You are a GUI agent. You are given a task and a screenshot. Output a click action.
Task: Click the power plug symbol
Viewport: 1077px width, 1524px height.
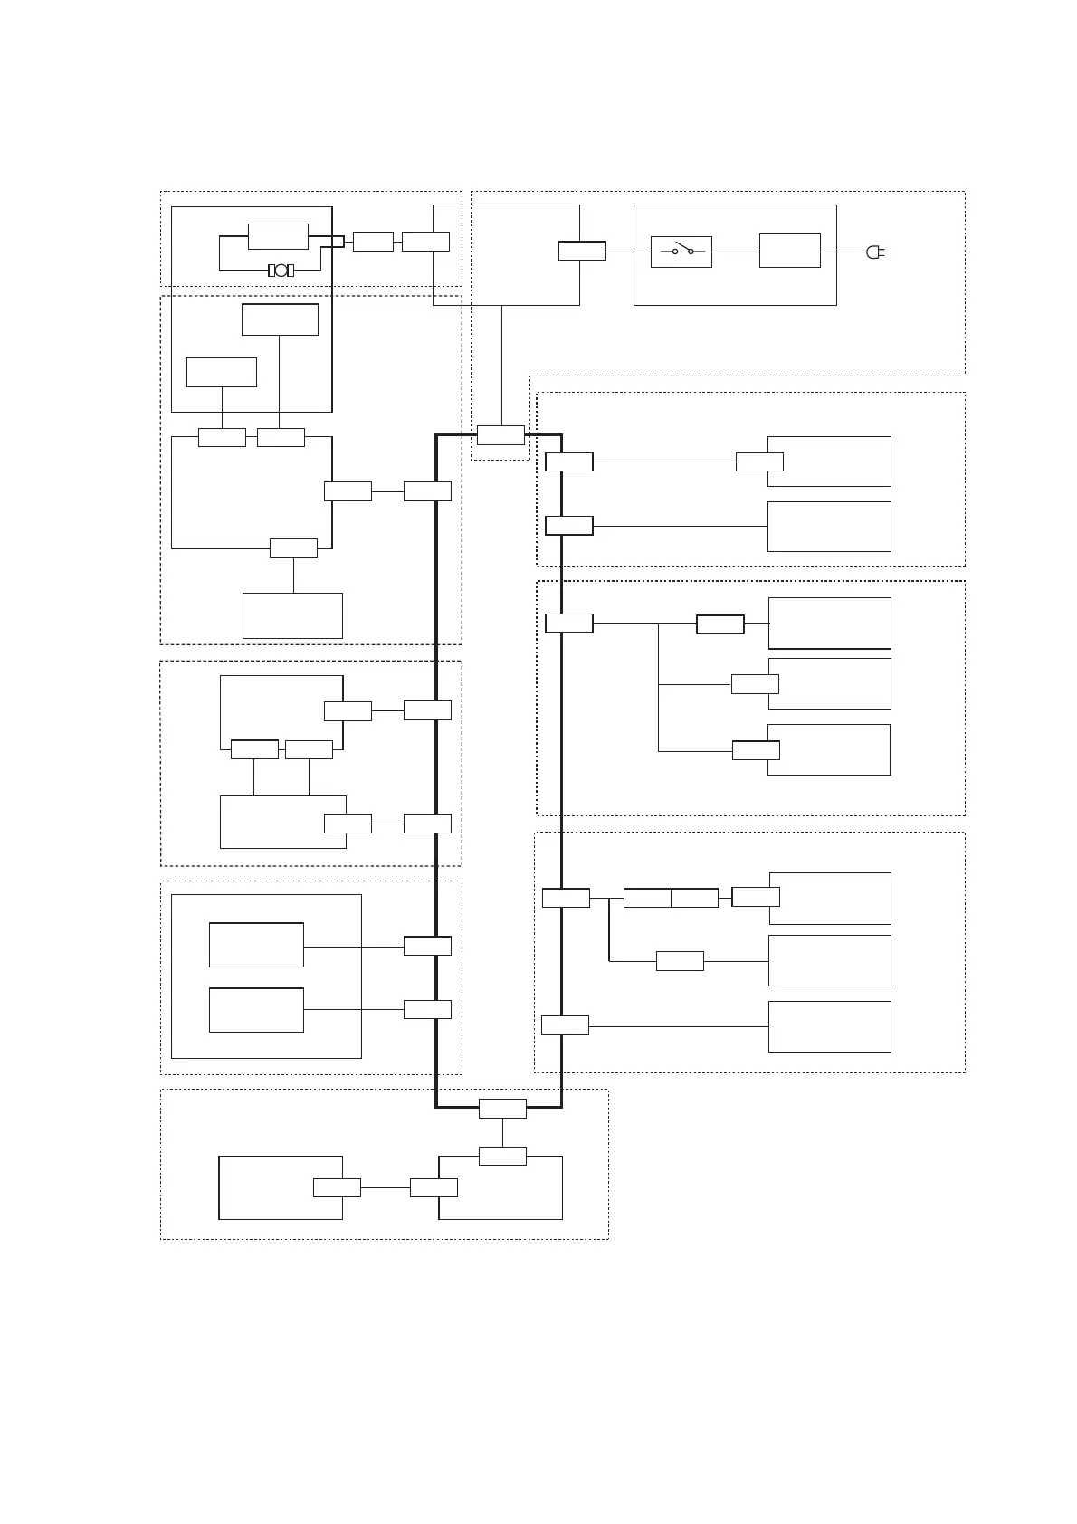pos(874,252)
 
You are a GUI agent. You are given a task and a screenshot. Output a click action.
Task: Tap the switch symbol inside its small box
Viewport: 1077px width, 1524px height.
pos(681,252)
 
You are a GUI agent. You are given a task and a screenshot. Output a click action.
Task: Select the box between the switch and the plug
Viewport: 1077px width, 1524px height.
pos(789,251)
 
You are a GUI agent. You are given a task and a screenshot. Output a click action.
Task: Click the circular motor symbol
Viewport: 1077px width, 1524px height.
pos(281,271)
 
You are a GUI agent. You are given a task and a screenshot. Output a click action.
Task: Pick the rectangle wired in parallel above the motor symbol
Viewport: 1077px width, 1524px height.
pos(278,236)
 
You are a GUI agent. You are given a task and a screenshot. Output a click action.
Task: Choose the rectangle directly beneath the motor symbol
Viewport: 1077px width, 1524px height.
pos(280,319)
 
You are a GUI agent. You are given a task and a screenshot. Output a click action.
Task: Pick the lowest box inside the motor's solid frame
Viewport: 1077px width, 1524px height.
pos(221,372)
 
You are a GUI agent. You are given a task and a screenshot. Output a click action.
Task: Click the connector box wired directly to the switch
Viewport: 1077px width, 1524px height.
pos(582,251)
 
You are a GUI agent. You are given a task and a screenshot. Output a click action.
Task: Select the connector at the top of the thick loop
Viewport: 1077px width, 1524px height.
pos(500,435)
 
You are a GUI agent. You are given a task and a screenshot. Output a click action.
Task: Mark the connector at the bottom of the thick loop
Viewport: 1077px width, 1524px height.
pos(502,1109)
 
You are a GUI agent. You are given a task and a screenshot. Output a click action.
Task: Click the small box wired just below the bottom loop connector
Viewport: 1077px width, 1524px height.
pos(502,1156)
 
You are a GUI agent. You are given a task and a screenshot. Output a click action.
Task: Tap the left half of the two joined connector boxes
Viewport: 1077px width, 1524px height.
pos(647,898)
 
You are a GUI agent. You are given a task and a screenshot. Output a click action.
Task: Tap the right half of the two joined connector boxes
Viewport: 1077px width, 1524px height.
pos(694,898)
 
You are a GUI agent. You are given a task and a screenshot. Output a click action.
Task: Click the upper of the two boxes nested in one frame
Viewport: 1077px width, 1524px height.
pos(256,945)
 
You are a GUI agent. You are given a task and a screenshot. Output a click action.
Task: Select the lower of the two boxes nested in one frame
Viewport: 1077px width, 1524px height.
pos(256,1010)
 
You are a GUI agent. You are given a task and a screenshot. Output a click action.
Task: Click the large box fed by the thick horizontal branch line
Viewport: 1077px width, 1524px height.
pos(829,623)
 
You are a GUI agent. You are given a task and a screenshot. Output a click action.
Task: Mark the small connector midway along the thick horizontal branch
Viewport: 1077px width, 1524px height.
pos(720,624)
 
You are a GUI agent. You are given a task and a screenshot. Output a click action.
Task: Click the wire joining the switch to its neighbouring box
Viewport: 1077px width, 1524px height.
pos(735,251)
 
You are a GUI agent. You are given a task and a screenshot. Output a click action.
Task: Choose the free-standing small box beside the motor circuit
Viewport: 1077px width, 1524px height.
pos(373,242)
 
